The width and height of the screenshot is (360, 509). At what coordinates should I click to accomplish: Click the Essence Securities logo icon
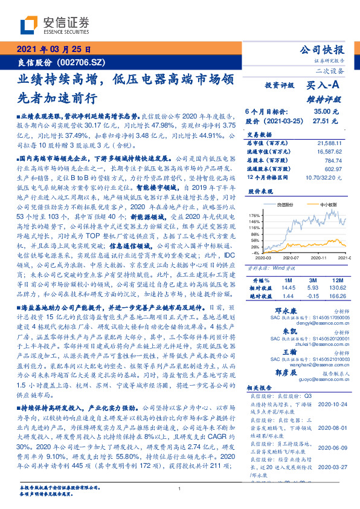[x=30, y=25]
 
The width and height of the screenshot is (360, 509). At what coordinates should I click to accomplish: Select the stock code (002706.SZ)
[x=82, y=62]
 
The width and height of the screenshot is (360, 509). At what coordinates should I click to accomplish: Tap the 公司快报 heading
[x=323, y=50]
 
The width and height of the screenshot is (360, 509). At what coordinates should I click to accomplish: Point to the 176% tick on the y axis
[x=254, y=215]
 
